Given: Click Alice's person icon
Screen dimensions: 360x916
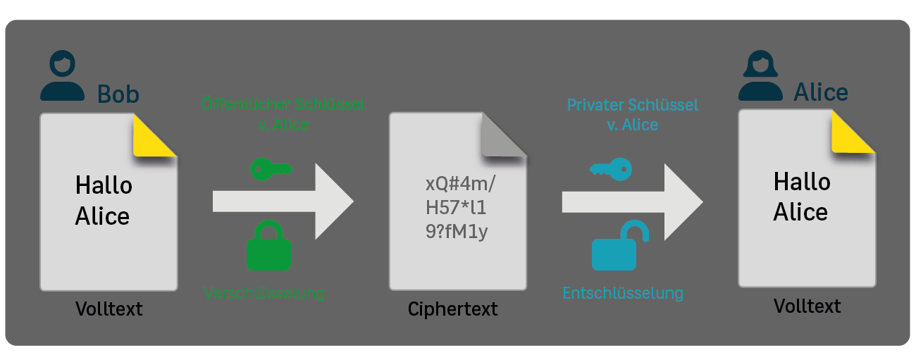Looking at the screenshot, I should point(760,76).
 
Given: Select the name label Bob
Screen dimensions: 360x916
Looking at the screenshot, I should point(118,94).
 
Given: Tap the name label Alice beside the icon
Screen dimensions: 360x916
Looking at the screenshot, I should point(821,92).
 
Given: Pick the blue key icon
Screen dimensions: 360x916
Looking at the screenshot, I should point(611,168).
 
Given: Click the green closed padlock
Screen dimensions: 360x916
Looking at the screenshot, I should point(268,246).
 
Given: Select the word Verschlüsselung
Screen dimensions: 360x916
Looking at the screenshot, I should point(264,292).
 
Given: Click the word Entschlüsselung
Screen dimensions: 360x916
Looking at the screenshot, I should point(623,292).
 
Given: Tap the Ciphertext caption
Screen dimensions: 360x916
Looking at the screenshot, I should point(452,309).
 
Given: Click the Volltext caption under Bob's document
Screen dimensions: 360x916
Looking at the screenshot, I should point(109,309).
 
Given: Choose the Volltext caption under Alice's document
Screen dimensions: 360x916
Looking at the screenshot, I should point(807,306).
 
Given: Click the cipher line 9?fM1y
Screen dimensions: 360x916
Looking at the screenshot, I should point(457,231).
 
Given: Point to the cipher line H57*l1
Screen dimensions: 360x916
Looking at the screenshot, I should point(456,208).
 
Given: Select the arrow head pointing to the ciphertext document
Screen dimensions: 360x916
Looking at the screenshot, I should point(333,201).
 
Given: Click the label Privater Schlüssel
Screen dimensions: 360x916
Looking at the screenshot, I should point(633,105).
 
